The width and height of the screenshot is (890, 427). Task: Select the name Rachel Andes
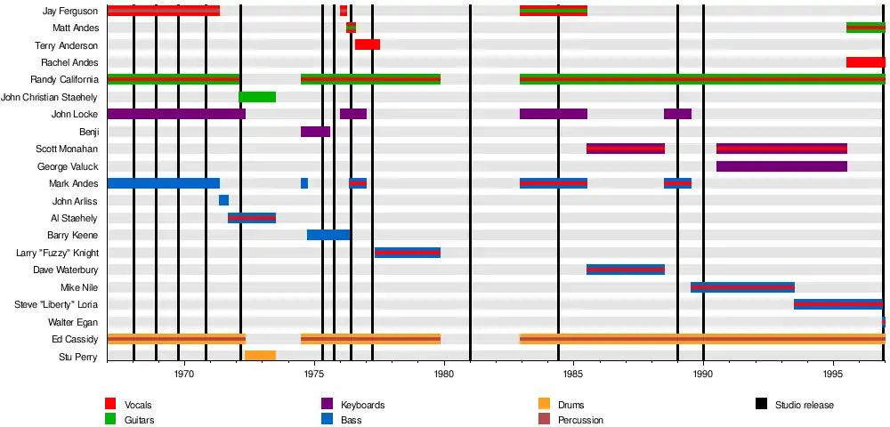tap(69, 62)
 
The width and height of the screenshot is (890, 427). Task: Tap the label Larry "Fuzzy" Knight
tap(57, 253)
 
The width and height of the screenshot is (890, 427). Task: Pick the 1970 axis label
tap(184, 374)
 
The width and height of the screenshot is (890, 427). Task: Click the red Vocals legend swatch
tap(111, 405)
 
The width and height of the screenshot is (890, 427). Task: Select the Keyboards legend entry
tap(362, 405)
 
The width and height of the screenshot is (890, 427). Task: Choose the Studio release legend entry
tap(804, 405)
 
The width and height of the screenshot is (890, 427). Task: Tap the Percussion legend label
tap(580, 420)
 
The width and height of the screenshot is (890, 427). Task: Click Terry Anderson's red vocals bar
tap(368, 44)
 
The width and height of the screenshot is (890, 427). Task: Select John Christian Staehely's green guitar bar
tap(257, 97)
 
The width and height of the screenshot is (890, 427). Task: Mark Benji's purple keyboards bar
tap(315, 132)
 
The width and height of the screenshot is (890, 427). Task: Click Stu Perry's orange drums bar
tap(260, 356)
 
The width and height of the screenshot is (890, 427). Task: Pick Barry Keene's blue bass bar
tap(328, 235)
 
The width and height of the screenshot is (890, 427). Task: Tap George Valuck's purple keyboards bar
tap(781, 166)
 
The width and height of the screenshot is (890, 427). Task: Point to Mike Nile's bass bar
tap(742, 287)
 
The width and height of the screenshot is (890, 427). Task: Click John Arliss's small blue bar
tap(223, 200)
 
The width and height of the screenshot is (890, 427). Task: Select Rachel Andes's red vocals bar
tap(865, 62)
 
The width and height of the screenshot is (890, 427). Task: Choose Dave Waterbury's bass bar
tap(626, 270)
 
